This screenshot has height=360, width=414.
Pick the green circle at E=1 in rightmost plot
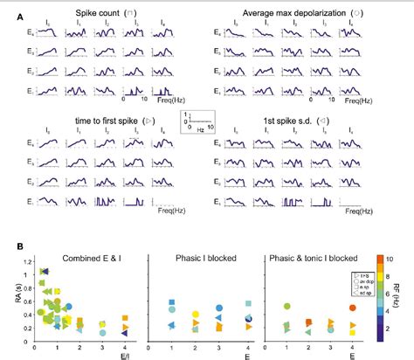(x=286, y=307)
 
